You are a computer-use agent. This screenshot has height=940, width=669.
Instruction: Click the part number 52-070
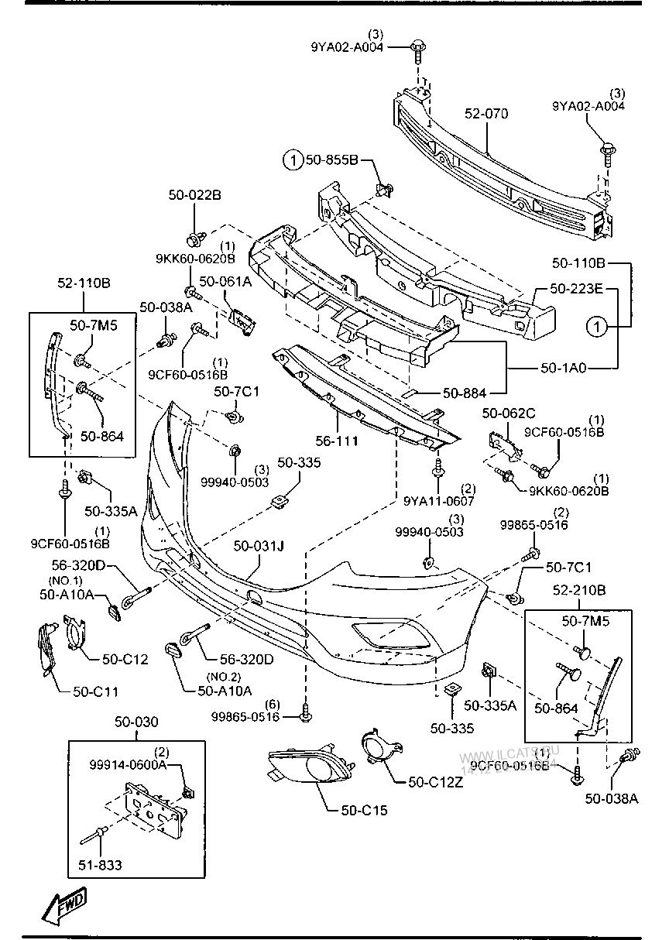tap(486, 114)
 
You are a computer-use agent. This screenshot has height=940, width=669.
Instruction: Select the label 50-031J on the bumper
tap(259, 547)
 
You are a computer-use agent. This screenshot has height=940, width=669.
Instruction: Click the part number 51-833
tap(100, 864)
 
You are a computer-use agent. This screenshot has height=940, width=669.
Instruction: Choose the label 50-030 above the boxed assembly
tap(136, 722)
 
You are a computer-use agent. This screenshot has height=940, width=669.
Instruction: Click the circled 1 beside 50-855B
tap(293, 161)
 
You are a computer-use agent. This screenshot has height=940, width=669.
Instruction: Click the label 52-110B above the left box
tap(84, 283)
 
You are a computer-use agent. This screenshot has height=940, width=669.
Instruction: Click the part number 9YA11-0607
tap(438, 500)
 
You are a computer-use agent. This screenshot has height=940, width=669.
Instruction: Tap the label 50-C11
tap(95, 691)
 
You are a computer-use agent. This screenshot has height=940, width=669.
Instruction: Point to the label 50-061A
tap(226, 282)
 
